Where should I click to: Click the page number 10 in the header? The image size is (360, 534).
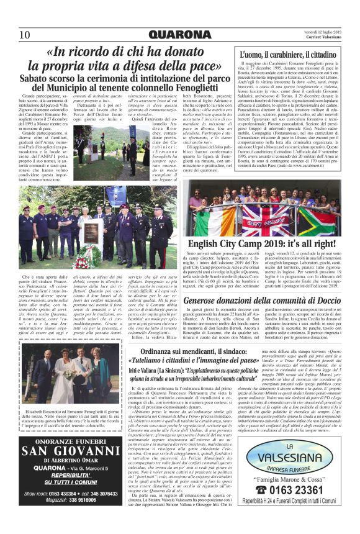click(25, 34)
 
